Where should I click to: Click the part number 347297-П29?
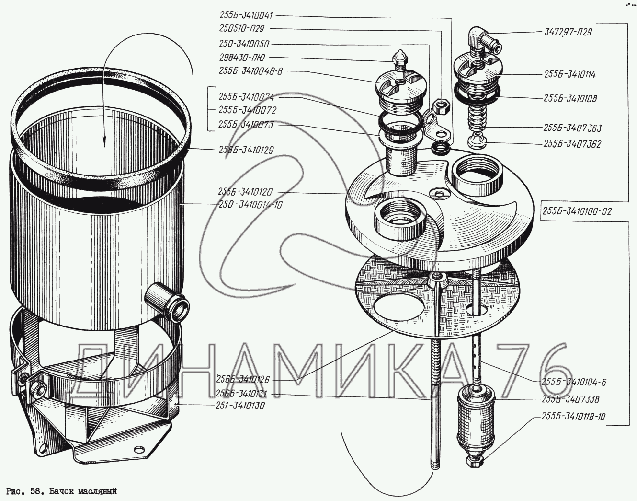point(569,33)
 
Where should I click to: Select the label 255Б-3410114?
point(570,75)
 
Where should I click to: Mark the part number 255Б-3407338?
point(570,399)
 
